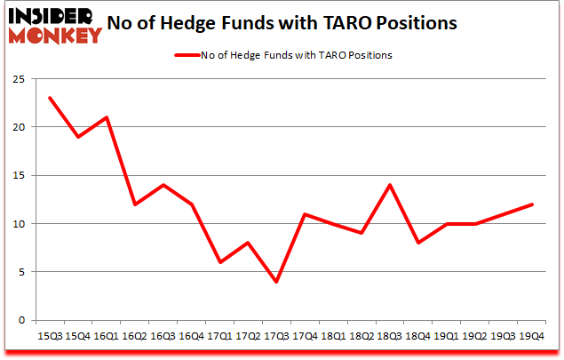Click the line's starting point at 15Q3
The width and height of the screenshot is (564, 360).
tap(50, 98)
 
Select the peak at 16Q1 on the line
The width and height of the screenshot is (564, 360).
tap(107, 117)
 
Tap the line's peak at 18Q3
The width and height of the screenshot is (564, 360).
tap(388, 185)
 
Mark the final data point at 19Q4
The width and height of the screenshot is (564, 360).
tap(532, 204)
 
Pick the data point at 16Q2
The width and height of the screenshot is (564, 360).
tap(136, 204)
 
